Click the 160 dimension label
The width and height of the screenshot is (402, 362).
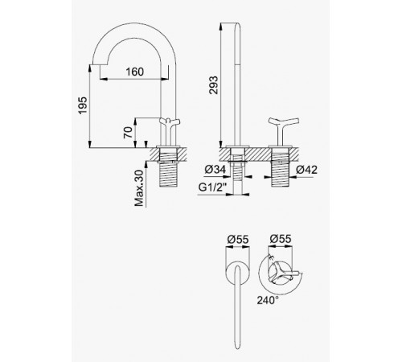point(134,72)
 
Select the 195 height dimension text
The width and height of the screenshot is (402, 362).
point(83,105)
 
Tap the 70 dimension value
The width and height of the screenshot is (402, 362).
point(128,133)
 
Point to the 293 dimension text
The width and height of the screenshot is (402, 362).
point(214,85)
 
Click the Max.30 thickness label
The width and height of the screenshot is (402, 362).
point(139,188)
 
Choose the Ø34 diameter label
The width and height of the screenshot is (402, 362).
point(215,170)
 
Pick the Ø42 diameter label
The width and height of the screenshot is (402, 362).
point(306,170)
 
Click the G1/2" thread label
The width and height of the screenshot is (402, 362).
point(212,187)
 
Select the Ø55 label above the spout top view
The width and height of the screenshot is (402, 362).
point(238,239)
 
